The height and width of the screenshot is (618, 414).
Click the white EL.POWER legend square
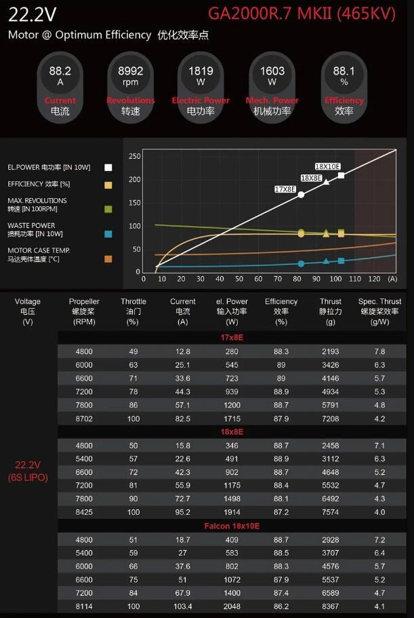(x=108, y=167)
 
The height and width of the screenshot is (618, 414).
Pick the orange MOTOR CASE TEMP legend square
(x=108, y=258)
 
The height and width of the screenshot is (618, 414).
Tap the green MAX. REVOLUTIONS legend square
(x=108, y=209)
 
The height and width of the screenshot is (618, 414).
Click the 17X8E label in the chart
(x=285, y=189)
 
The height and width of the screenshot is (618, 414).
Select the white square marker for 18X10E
(x=341, y=176)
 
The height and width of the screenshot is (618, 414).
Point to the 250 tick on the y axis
(x=135, y=156)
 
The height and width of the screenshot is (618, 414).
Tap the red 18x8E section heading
(x=232, y=431)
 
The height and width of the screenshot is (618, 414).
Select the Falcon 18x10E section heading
(x=232, y=526)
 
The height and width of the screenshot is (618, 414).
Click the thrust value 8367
(x=331, y=606)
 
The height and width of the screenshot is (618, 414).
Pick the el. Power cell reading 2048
(x=232, y=606)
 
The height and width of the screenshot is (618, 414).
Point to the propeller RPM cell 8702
(x=83, y=419)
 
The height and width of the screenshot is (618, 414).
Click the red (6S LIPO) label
(x=28, y=478)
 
